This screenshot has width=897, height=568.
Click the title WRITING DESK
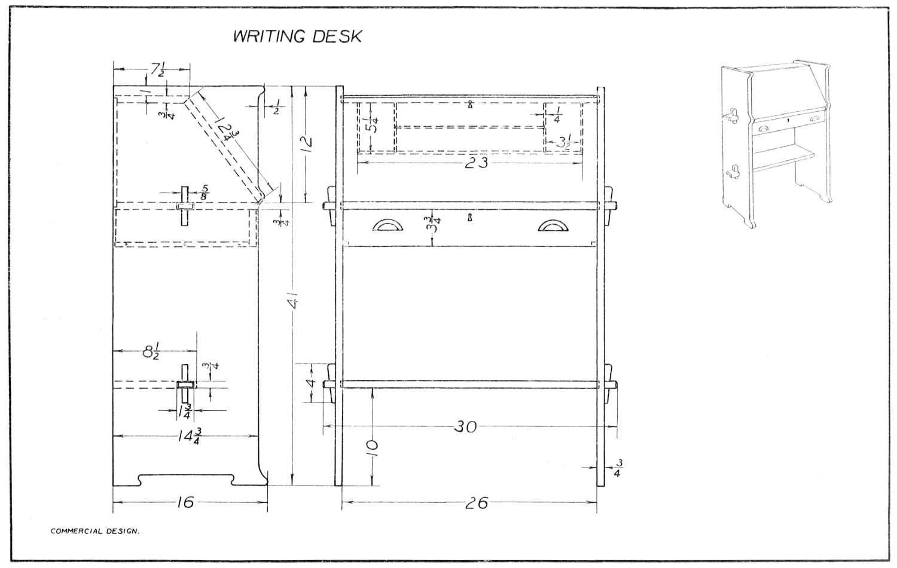point(297,36)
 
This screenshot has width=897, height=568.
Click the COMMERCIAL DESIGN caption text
point(95,530)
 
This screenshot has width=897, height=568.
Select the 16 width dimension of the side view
point(185,502)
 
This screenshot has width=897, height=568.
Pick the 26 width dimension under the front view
point(476,503)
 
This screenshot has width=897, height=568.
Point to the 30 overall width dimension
point(466,427)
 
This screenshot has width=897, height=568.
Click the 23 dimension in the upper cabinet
point(476,162)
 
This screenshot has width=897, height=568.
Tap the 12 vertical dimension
point(306,143)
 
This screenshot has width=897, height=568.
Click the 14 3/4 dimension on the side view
point(189,436)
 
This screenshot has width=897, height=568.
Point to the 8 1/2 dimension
point(151,352)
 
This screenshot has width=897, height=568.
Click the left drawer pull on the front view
point(388,225)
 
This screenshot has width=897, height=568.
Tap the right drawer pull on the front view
point(554,225)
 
